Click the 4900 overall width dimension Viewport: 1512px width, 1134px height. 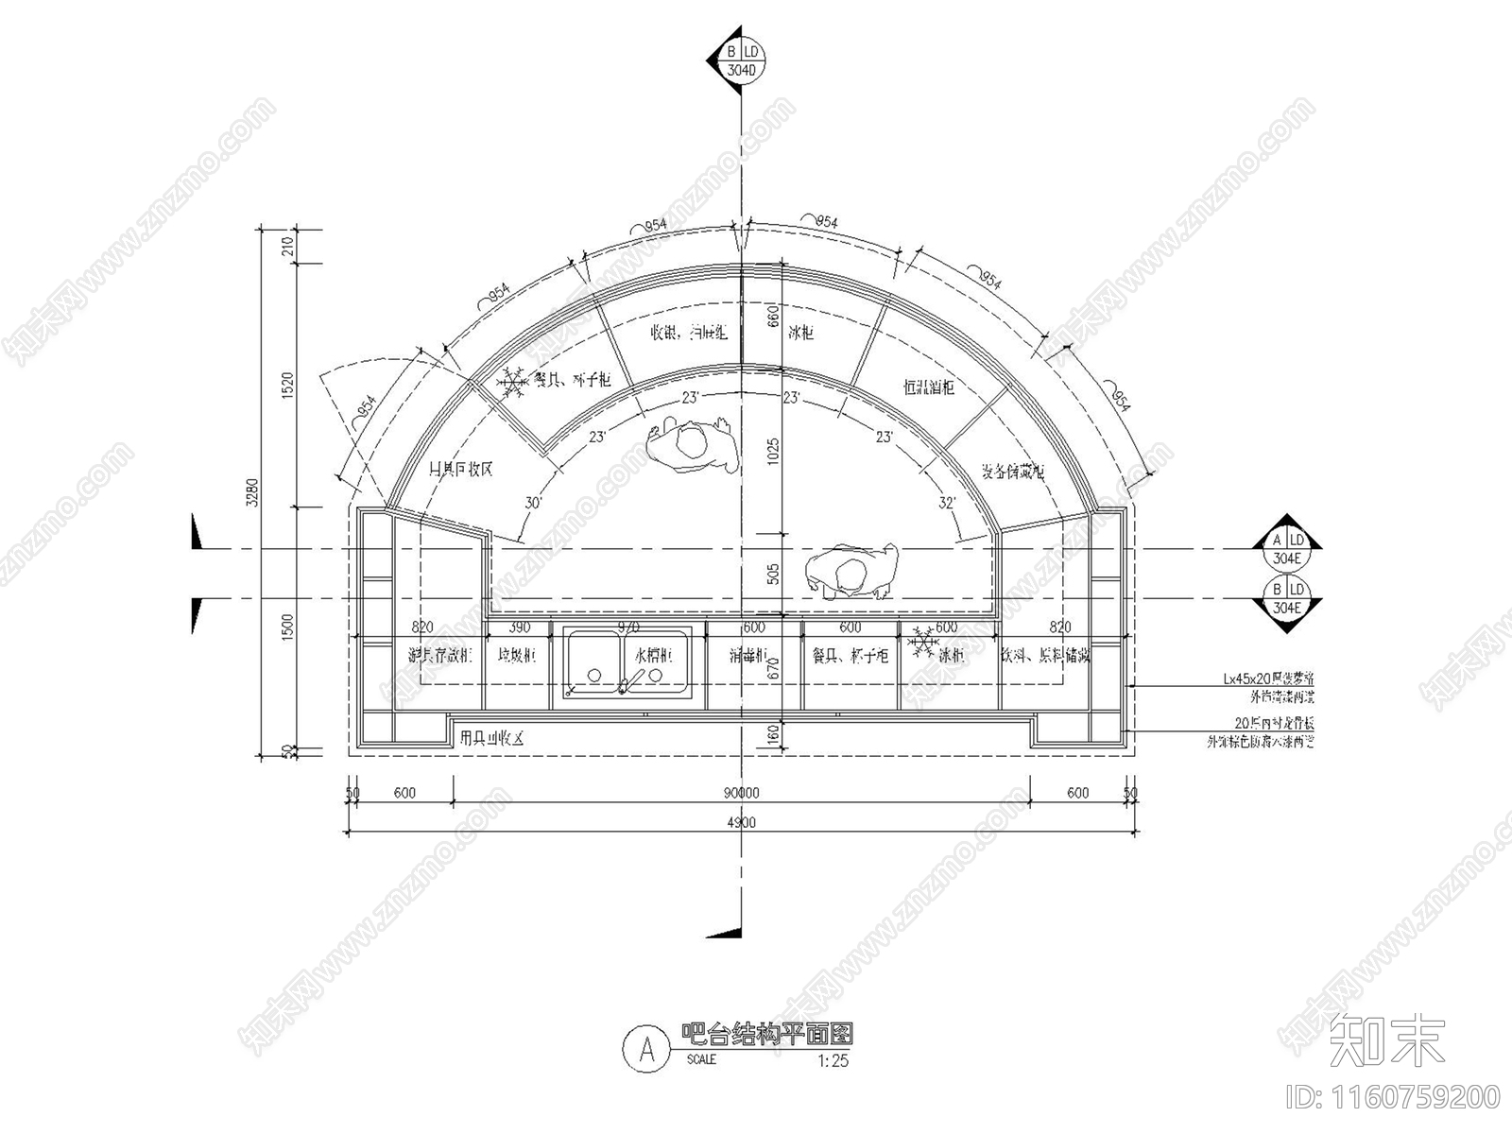(x=742, y=823)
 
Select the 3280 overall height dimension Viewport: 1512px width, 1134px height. (x=252, y=491)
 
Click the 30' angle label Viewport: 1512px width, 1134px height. (x=533, y=504)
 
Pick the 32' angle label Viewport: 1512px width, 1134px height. (x=948, y=503)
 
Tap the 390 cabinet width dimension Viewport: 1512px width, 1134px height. (x=520, y=627)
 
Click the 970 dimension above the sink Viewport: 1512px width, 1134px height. (x=627, y=627)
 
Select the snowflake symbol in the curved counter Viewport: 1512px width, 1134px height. (x=513, y=382)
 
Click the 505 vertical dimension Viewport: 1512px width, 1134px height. (x=772, y=573)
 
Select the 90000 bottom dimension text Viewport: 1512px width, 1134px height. (x=742, y=794)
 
